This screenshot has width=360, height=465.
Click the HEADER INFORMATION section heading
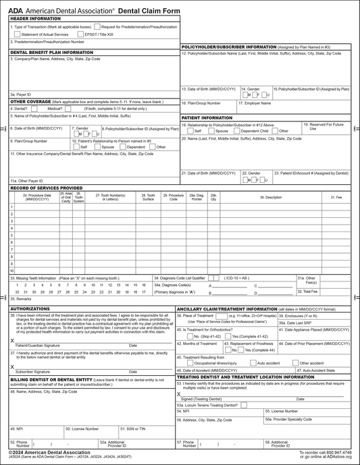click(x=35, y=19)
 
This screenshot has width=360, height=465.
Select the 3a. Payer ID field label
click(x=21, y=94)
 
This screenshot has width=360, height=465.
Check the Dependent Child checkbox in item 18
click(x=236, y=131)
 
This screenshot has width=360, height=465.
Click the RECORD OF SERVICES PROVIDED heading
click(x=46, y=188)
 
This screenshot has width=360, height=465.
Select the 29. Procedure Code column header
click(x=174, y=198)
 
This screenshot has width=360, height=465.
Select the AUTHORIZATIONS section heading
click(x=30, y=308)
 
